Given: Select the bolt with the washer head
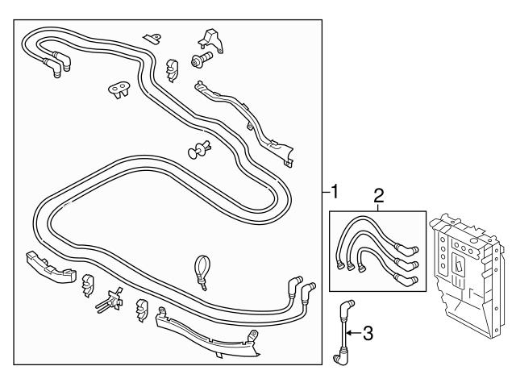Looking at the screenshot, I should coord(198,60).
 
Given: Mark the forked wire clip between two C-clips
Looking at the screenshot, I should coord(110,301).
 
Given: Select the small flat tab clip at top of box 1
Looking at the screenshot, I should coord(151,37).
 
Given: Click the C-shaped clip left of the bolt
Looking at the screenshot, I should coord(172,69).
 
